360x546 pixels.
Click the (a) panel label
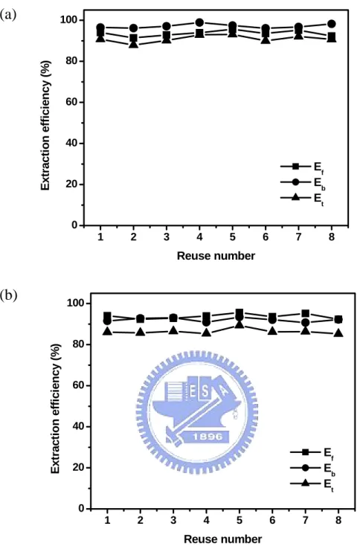point(8,16)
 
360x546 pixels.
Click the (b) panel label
point(8,296)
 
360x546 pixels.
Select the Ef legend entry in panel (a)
point(303,167)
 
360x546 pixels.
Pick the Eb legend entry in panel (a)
point(303,182)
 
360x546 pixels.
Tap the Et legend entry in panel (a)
point(303,198)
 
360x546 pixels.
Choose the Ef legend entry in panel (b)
point(312,452)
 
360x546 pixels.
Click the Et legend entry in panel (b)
point(312,484)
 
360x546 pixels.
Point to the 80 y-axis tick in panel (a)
point(71,61)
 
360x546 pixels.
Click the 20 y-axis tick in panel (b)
point(79,467)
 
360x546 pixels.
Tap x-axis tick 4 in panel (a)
point(199,237)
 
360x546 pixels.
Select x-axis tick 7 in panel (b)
point(306,520)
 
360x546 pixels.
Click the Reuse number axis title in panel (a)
point(216,256)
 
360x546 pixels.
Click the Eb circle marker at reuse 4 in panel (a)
point(199,23)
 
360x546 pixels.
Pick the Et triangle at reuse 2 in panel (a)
point(133,44)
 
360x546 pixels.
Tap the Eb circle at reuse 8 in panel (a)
point(332,24)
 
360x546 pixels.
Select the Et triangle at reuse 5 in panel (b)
point(240,324)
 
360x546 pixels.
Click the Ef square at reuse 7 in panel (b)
point(306,313)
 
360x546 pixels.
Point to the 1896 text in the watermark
point(208,437)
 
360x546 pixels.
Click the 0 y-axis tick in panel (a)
point(74,225)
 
